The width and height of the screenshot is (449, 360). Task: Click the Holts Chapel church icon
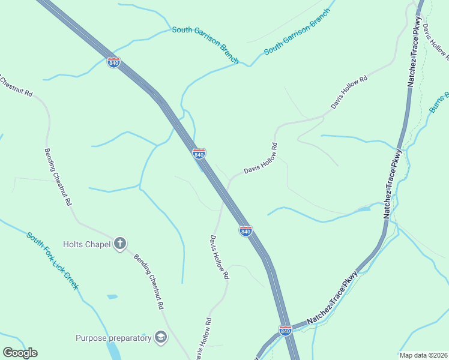coord(120,243)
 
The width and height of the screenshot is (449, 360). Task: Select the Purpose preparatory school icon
coord(161,338)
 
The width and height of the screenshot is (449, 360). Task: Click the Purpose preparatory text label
coord(113,338)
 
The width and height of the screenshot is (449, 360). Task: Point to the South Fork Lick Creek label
coord(52,260)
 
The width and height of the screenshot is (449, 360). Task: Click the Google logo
coord(20,353)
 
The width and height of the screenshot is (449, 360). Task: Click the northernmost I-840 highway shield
coord(113,62)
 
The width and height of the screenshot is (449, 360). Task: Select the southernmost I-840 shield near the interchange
coord(285,331)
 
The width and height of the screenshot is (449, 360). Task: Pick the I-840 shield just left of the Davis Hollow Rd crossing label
coord(199,154)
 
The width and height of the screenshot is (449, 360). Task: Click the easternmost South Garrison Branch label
coord(298,32)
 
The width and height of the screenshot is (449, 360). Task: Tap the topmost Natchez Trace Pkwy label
coord(414,53)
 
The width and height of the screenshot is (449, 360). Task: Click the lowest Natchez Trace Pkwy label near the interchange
coord(333,298)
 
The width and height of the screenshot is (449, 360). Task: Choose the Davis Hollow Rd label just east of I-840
coord(261,158)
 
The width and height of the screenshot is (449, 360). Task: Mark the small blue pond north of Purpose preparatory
coord(112,296)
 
